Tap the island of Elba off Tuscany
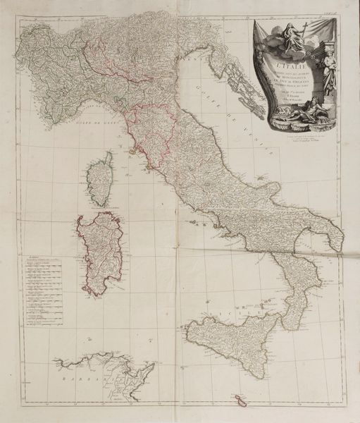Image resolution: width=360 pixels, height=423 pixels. pos(130,149)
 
